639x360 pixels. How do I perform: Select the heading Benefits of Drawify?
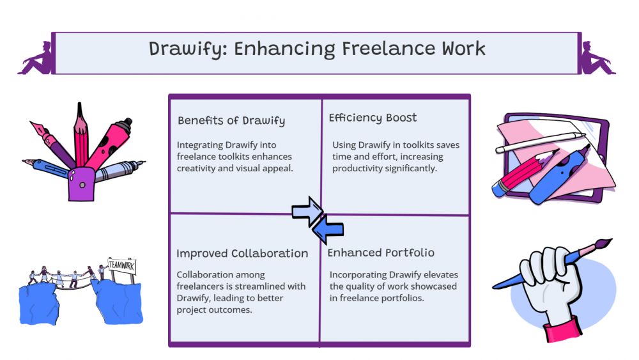(231, 121)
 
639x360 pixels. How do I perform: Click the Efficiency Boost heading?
(373, 118)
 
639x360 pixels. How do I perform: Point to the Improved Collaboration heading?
(242, 253)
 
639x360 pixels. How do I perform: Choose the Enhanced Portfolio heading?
(381, 253)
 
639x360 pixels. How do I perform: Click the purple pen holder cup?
(82, 185)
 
